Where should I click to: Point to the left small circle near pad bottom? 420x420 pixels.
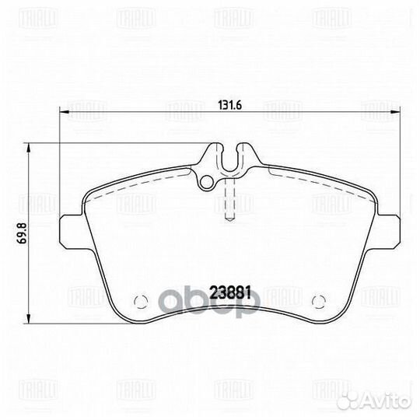pyautogui.click(x=139, y=301)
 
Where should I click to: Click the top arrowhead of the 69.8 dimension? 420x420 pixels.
pyautogui.click(x=30, y=146)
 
